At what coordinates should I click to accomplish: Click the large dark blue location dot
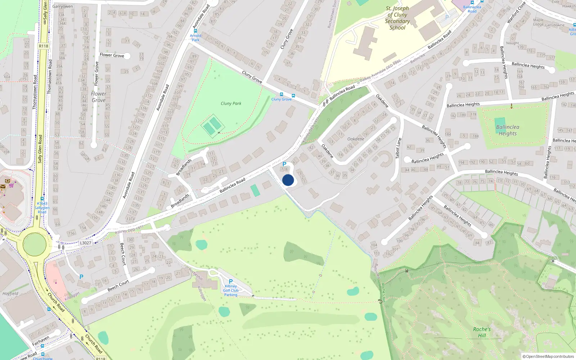pyautogui.click(x=288, y=180)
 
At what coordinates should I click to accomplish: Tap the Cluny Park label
pyautogui.click(x=231, y=103)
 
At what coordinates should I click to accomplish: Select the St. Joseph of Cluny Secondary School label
pyautogui.click(x=397, y=18)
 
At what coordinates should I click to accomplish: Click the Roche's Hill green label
pyautogui.click(x=482, y=332)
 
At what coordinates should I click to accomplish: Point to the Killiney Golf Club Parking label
pyautogui.click(x=231, y=291)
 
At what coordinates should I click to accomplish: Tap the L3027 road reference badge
pyautogui.click(x=86, y=243)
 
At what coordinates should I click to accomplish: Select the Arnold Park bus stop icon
pyautogui.click(x=195, y=31)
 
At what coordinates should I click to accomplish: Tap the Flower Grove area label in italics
pyautogui.click(x=98, y=97)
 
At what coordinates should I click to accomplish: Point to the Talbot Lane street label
pyautogui.click(x=398, y=148)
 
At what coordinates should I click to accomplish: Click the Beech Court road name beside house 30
pyautogui.click(x=123, y=254)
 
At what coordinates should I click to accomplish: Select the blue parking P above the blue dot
pyautogui.click(x=284, y=164)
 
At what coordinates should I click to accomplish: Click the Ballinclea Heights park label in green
pyautogui.click(x=508, y=130)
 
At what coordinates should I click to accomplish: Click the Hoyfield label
pyautogui.click(x=10, y=293)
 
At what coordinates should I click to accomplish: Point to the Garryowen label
pyautogui.click(x=63, y=6)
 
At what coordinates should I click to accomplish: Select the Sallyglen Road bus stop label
pyautogui.click(x=42, y=208)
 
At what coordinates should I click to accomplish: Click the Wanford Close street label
pyautogui.click(x=516, y=13)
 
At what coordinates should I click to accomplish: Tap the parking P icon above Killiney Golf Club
pyautogui.click(x=231, y=282)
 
